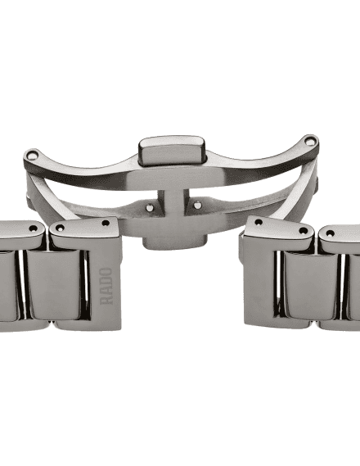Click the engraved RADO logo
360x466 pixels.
click(106, 286)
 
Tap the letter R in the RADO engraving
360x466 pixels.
click(106, 300)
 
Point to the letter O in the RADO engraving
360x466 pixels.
click(106, 272)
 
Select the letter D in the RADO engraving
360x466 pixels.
click(106, 281)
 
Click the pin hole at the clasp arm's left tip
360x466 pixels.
click(32, 155)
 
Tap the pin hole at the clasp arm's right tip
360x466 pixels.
click(310, 142)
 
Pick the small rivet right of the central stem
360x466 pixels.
click(197, 205)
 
